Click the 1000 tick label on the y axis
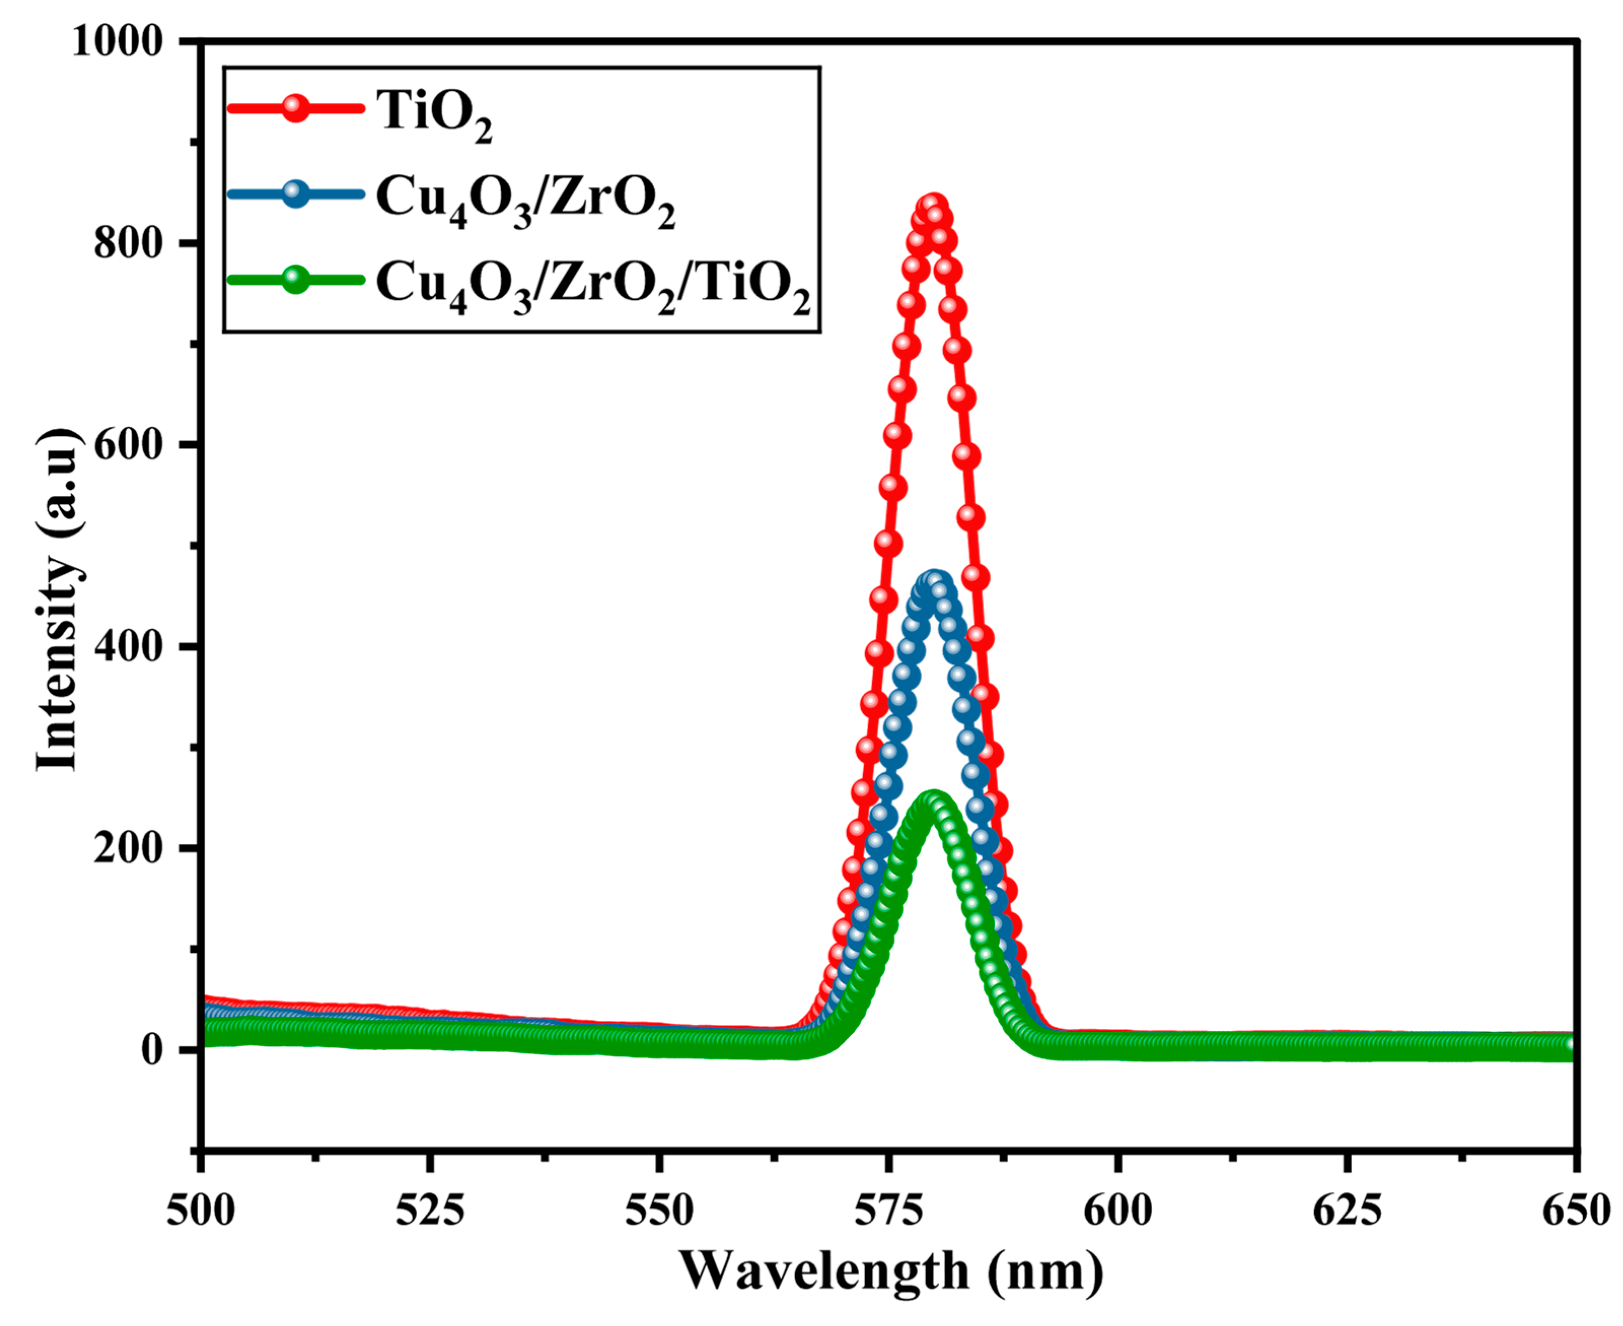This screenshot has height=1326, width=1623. click(118, 41)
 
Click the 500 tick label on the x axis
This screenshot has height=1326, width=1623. click(201, 1211)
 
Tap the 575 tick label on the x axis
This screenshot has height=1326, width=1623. click(889, 1211)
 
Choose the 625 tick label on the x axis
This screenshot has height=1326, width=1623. click(1347, 1211)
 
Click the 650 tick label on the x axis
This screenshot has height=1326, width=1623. click(1576, 1211)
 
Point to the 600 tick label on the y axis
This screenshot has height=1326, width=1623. click(128, 445)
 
